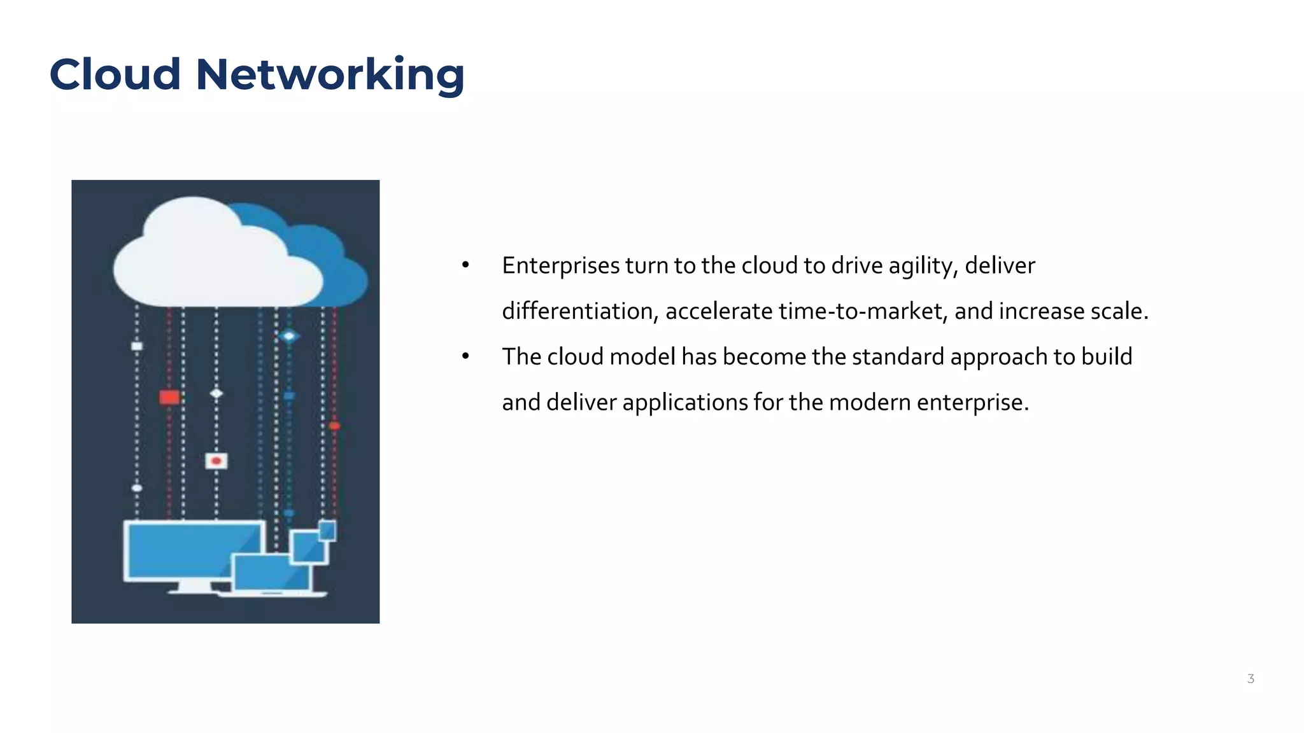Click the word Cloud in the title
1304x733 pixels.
pos(115,74)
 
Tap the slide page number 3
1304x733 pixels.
pos(1251,679)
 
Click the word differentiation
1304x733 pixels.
pos(579,312)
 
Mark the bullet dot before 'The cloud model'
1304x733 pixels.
pos(465,357)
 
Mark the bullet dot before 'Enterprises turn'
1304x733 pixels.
pos(465,266)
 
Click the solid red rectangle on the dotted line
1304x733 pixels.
pos(169,398)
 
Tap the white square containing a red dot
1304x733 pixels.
pos(216,461)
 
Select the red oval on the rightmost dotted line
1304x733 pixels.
pos(334,426)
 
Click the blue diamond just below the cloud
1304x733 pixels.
pos(289,336)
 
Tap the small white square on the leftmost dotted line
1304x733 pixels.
pos(137,346)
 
